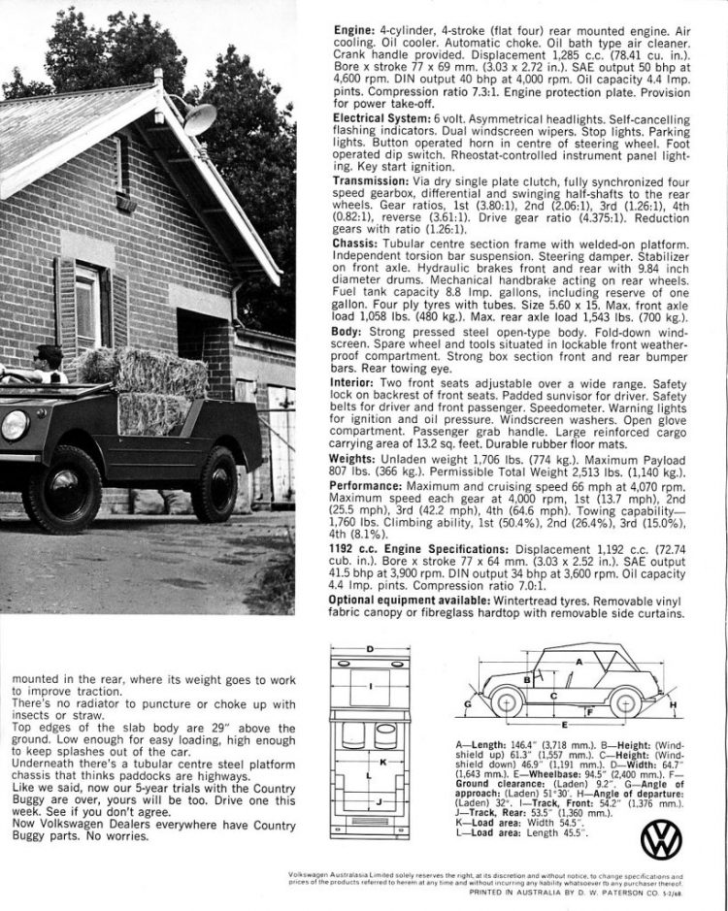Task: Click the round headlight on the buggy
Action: [x=15, y=425]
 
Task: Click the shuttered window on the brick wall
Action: [x=90, y=309]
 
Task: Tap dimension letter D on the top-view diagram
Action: [x=370, y=647]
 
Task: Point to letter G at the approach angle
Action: [x=469, y=702]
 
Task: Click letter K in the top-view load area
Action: [x=383, y=762]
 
